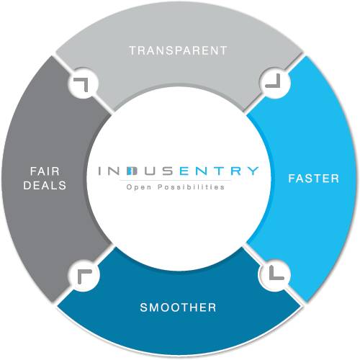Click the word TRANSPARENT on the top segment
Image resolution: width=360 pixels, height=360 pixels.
178,50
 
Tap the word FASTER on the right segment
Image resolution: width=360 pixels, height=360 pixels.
314,178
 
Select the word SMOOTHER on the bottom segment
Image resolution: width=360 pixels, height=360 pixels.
179,307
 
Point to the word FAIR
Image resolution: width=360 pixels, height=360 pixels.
45,171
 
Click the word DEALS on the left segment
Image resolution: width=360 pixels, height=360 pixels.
45,185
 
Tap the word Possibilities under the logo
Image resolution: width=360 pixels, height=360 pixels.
189,187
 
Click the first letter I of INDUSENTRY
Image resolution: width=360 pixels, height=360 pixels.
102,172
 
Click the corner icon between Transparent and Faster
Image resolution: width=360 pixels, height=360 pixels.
274,81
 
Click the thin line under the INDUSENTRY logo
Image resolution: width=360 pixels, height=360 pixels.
178,180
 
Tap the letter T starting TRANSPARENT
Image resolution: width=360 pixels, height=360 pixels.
132,50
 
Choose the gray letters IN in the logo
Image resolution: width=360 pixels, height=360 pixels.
110,172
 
